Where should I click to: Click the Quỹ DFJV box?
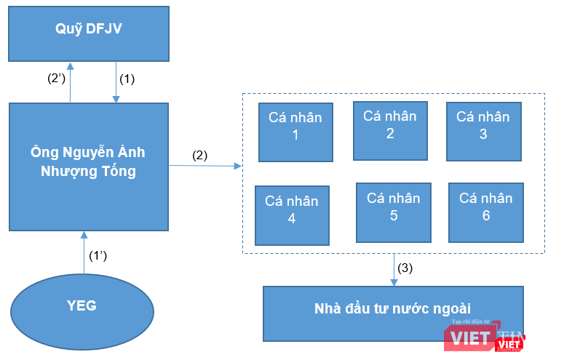(88, 33)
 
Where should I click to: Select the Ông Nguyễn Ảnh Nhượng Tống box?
(88, 167)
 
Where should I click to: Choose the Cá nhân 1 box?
(295, 131)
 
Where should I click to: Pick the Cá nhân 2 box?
(389, 130)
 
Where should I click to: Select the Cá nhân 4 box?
(291, 215)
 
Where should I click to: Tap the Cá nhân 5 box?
(393, 212)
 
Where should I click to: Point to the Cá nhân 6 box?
(485, 212)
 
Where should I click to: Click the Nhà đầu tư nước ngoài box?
(393, 313)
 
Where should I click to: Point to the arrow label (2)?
(199, 155)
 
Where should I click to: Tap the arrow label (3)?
(405, 267)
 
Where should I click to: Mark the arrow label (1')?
(99, 256)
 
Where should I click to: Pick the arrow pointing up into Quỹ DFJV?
(70, 81)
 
